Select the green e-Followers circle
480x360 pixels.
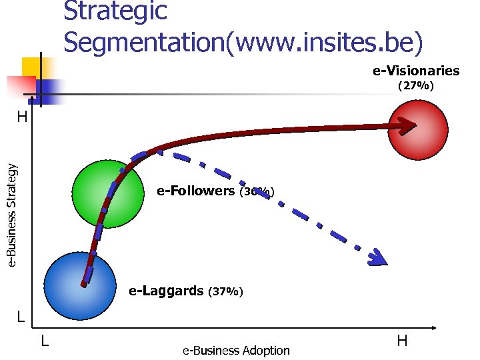click(x=108, y=195)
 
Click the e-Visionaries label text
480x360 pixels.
click(x=416, y=71)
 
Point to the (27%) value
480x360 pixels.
click(x=416, y=86)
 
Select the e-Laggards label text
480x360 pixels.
click(x=166, y=291)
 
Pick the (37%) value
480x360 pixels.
click(x=226, y=292)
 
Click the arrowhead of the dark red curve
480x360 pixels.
click(x=408, y=125)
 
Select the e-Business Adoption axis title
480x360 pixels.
click(x=236, y=351)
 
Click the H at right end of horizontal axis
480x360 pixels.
click(x=402, y=341)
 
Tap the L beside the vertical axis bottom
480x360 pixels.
click(x=21, y=317)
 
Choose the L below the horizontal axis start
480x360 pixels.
click(x=44, y=341)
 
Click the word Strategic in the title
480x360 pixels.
click(x=115, y=11)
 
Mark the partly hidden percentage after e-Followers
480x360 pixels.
click(x=256, y=192)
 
